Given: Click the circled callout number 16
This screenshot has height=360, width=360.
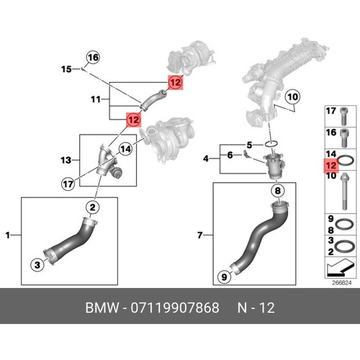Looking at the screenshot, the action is tap(93, 58).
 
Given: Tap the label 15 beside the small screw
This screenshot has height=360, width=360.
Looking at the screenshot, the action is tap(66, 69).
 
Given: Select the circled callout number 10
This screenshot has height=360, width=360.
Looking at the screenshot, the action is tap(292, 97).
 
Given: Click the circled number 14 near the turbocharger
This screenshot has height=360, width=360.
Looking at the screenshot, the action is tap(125, 149).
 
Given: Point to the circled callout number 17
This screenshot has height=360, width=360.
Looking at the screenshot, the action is tap(68, 184).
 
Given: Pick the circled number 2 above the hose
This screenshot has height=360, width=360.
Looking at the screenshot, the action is tap(93, 207).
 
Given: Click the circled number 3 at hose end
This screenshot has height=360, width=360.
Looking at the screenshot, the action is tap(37, 265).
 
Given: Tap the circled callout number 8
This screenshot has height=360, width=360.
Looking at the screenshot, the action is tap(278, 191).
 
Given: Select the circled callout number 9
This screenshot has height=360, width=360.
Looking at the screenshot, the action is tap(224, 277).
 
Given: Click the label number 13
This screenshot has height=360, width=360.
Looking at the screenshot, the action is tap(66, 160).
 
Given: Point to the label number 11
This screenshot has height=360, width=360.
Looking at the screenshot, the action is tap(96, 99).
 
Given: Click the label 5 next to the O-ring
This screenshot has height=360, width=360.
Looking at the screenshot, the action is tap(250, 145).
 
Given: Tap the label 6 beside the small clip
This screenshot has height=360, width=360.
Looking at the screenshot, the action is tap(230, 155).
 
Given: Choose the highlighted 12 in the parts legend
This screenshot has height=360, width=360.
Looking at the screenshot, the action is tap(331, 166).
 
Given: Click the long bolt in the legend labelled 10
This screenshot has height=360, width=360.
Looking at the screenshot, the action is tap(345, 192).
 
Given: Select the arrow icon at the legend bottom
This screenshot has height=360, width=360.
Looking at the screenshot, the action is tap(341, 267).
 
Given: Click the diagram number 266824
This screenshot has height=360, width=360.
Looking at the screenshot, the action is tap(341, 283).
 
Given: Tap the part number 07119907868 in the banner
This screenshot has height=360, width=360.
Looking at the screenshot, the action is tap(175, 307).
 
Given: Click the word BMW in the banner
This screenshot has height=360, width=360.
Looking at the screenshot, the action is tap(102, 307).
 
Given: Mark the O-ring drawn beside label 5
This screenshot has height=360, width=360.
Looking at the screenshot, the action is tap(271, 144).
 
